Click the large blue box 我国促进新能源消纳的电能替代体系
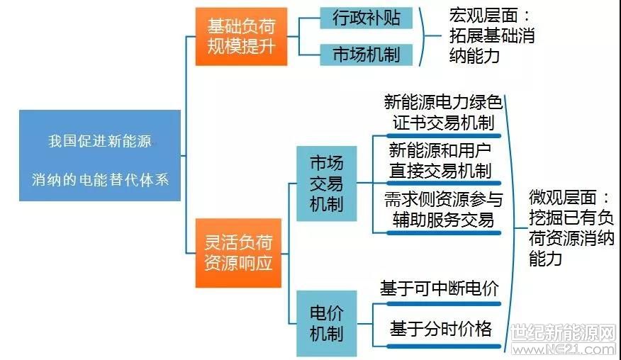(100, 155)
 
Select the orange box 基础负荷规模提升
(241, 36)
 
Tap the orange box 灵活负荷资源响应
(238, 253)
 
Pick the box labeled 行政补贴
(367, 18)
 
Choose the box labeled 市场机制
(367, 55)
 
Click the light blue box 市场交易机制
(327, 184)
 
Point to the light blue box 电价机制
(327, 323)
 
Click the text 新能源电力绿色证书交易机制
(443, 113)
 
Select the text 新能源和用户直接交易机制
(440, 161)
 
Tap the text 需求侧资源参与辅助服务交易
(443, 210)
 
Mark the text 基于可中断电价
(440, 288)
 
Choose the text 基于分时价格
(440, 329)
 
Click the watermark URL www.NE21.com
(564, 349)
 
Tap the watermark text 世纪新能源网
(563, 332)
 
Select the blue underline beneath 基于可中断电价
(444, 304)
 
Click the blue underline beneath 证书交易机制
(444, 136)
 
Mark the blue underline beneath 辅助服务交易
(444, 233)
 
